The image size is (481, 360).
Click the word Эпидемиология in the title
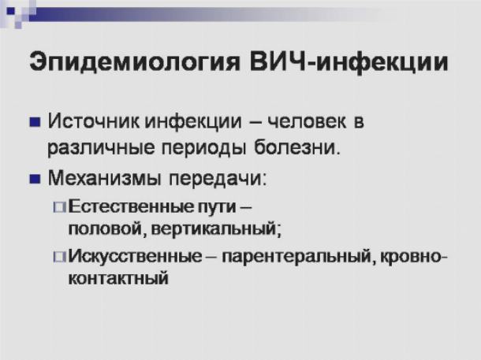click(x=134, y=61)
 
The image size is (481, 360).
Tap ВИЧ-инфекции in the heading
click(x=349, y=62)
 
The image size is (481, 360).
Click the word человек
click(x=307, y=121)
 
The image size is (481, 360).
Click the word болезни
click(x=297, y=147)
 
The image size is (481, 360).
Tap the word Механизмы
click(x=104, y=178)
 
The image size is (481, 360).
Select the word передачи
click(x=218, y=179)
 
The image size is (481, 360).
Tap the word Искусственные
click(x=135, y=256)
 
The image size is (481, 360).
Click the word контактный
click(x=118, y=279)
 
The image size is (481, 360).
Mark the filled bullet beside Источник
click(x=35, y=122)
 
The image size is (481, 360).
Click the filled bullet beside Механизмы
click(x=35, y=179)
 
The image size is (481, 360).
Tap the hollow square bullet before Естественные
click(x=59, y=207)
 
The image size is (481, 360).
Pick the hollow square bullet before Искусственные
click(x=59, y=257)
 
